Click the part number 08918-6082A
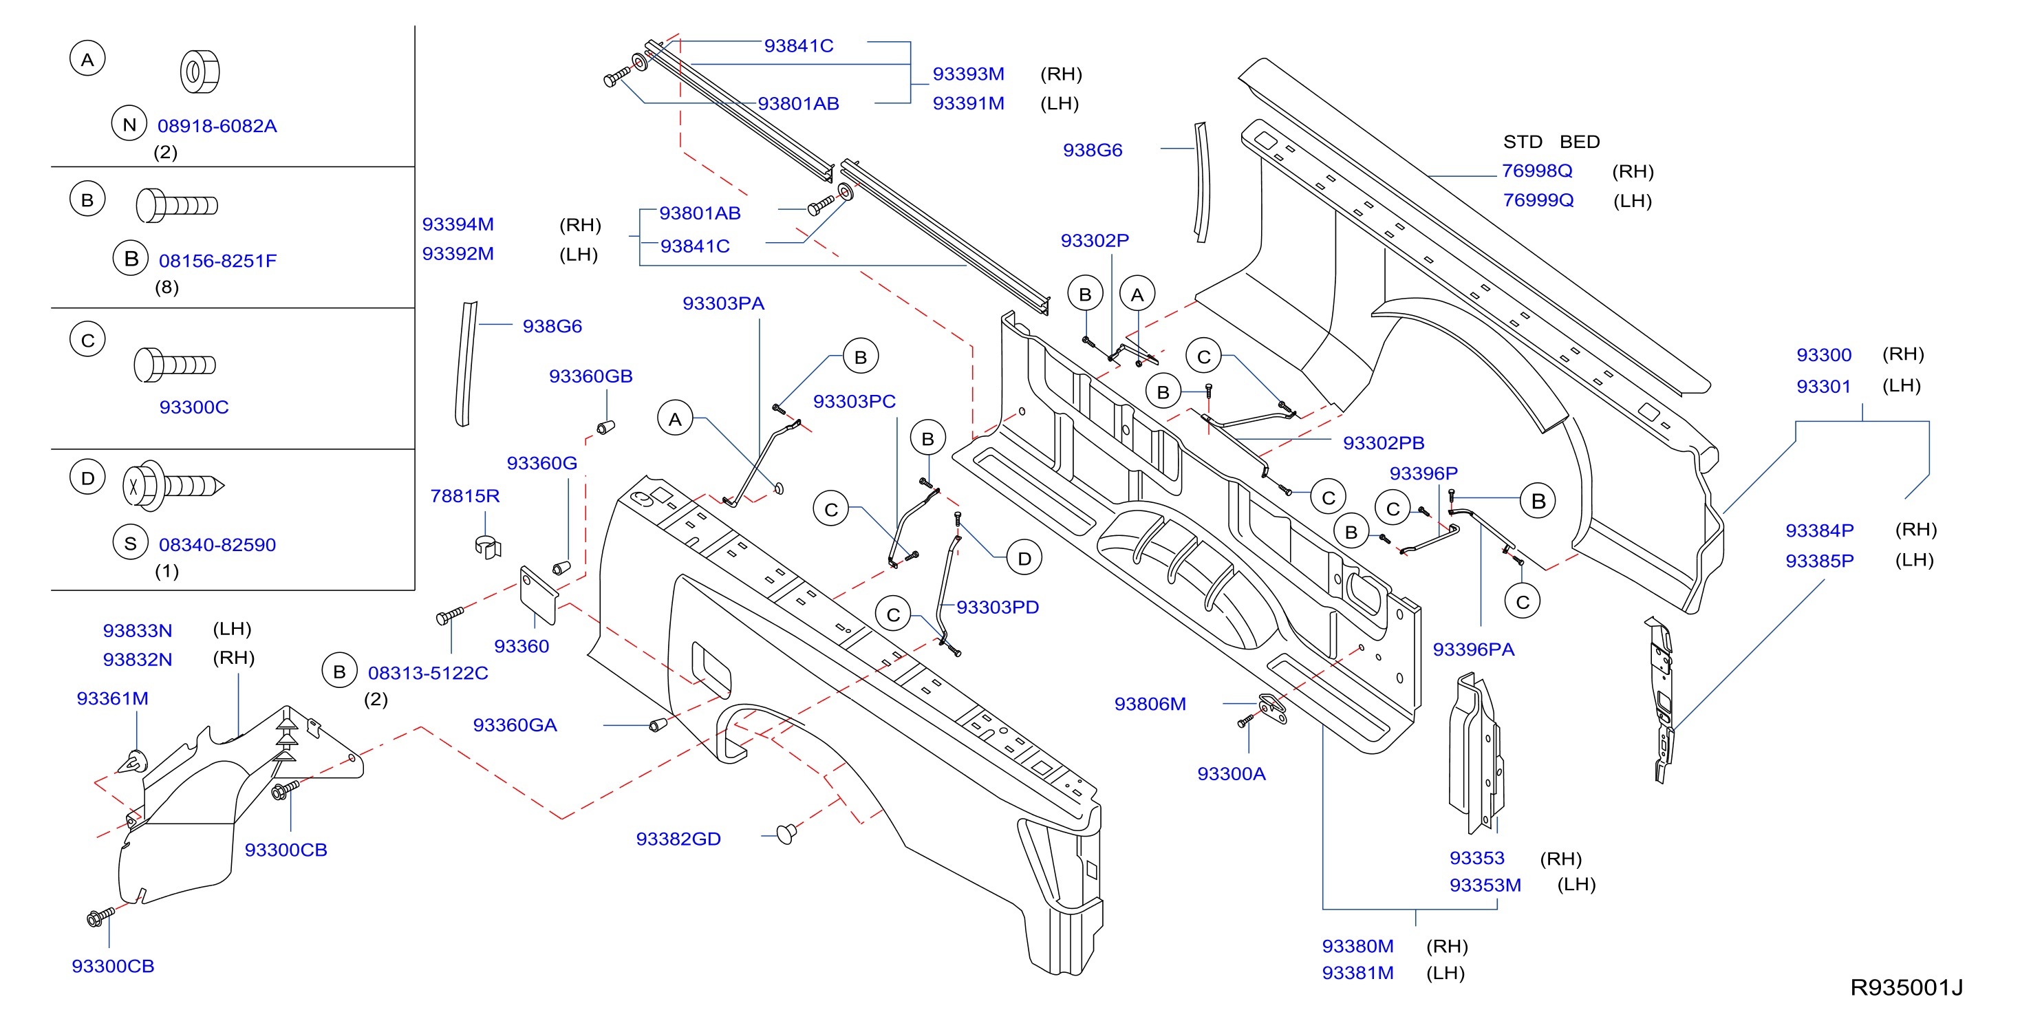pos(217,126)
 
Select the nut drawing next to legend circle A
pos(200,72)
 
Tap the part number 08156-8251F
pos(218,261)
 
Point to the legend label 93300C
pos(194,407)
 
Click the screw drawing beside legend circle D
pos(173,485)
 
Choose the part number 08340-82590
pos(217,545)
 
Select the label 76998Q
pos(1537,171)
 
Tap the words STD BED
pos(1551,142)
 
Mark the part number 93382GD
pos(678,839)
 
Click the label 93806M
pos(1150,704)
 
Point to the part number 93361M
pos(113,698)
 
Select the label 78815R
pos(465,495)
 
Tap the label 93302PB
pos(1384,443)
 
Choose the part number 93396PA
pos(1474,649)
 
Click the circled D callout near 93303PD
pos(1024,559)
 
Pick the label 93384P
pos(1819,530)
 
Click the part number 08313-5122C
pos(428,673)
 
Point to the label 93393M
pos(969,74)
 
